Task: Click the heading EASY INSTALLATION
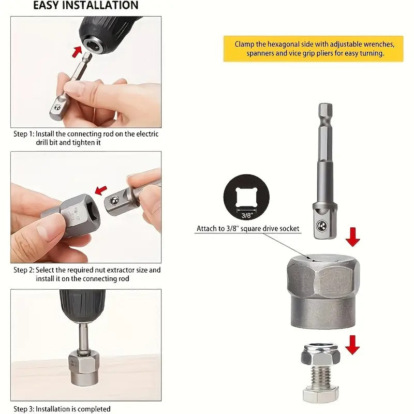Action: click(85, 6)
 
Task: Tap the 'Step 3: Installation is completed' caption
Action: click(62, 409)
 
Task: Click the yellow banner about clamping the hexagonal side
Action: click(313, 49)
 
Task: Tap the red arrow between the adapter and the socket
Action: click(353, 236)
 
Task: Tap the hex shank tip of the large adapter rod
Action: click(324, 111)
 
